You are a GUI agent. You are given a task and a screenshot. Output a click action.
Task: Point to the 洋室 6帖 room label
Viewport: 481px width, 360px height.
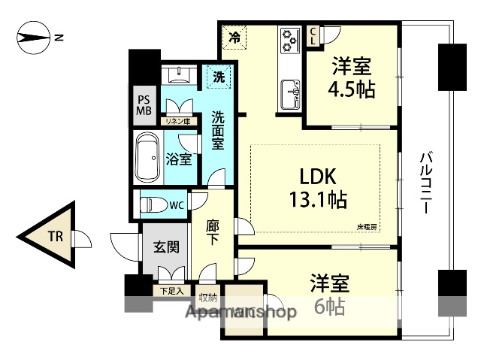coord(330,295)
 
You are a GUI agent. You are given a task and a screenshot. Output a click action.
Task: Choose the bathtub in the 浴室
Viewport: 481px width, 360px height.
coord(148,158)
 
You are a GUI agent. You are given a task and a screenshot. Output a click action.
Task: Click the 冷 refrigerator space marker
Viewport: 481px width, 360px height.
coord(234,35)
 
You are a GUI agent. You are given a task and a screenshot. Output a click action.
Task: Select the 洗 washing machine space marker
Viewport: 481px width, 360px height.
coord(219,77)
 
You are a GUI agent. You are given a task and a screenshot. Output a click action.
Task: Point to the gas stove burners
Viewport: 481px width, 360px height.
coord(289,40)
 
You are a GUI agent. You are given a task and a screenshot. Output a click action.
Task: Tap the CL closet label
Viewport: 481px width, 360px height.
coord(313,35)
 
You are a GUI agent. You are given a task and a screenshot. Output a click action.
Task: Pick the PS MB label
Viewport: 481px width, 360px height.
coord(144,105)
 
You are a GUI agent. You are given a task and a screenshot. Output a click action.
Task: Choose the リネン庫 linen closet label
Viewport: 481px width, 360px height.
coord(178,121)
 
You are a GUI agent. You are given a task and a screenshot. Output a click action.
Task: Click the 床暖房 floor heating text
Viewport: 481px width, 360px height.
coord(368,225)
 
